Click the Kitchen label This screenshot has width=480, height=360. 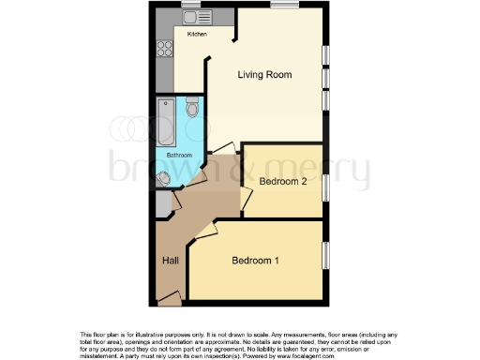pyautogui.click(x=197, y=34)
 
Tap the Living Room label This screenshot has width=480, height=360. pyautogui.click(x=263, y=75)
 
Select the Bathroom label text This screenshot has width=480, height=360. pyautogui.click(x=179, y=155)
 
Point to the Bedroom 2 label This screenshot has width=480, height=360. pyautogui.click(x=283, y=181)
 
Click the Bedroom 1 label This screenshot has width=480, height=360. pyautogui.click(x=255, y=261)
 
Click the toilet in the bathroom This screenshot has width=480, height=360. pyautogui.click(x=193, y=109)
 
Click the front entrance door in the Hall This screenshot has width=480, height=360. pyautogui.click(x=169, y=298)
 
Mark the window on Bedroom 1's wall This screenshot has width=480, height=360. pyautogui.click(x=326, y=258)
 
